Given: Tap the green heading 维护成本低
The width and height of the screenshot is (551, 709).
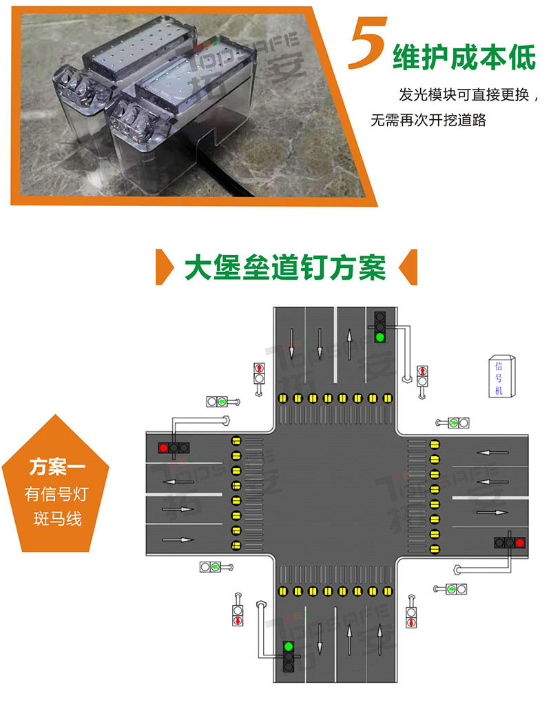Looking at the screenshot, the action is (x=464, y=57).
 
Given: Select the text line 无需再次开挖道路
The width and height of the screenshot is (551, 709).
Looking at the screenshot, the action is (x=428, y=120).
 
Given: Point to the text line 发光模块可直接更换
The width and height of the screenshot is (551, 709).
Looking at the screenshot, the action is (x=464, y=94).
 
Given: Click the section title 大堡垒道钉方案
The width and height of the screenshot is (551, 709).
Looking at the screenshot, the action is (x=285, y=267).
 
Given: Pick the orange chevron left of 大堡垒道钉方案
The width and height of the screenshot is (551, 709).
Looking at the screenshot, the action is (x=164, y=267).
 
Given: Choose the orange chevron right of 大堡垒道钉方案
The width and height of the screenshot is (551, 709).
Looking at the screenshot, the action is (x=408, y=267).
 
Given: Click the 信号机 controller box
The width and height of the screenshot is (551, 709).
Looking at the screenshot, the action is (x=501, y=377).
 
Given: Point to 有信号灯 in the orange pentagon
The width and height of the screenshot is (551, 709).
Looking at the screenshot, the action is (x=56, y=494).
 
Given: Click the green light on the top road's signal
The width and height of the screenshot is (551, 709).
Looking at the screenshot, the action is (x=380, y=337).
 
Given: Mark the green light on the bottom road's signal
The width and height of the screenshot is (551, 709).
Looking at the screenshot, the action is (x=289, y=646).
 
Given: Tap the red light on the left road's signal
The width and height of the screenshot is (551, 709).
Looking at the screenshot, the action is (x=164, y=448).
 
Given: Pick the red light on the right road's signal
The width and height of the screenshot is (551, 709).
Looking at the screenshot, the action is (x=520, y=542).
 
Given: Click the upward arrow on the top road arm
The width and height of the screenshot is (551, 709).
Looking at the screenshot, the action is (x=349, y=344).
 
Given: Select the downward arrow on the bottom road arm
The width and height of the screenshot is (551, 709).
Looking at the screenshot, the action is (x=320, y=639).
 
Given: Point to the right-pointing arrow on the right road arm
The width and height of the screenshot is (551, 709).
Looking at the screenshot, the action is (x=492, y=513).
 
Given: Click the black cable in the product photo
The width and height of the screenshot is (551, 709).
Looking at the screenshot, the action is (x=225, y=169).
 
